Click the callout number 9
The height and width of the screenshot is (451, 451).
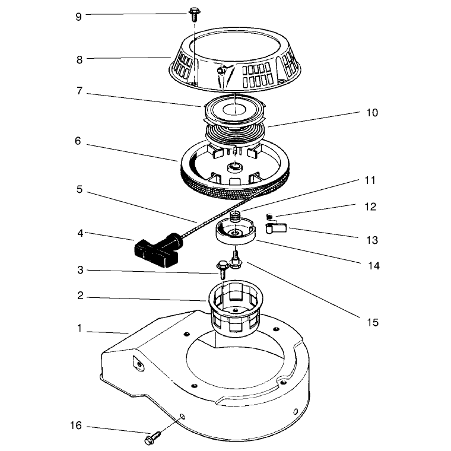(78, 17)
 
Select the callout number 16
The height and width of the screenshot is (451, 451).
(76, 425)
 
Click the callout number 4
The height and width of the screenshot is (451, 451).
(80, 233)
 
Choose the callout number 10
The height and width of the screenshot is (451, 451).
(372, 113)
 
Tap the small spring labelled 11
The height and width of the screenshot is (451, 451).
(236, 216)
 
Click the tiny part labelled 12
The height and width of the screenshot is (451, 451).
(269, 217)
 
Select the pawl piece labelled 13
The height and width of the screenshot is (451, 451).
(276, 228)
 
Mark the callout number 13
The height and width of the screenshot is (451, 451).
(373, 240)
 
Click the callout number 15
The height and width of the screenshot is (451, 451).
(373, 322)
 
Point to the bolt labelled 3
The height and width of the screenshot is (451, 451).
(223, 269)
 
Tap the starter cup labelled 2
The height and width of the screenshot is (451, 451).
(234, 305)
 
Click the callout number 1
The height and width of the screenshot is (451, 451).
(80, 328)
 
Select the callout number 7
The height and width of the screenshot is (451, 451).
(80, 91)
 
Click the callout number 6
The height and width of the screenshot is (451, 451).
(78, 141)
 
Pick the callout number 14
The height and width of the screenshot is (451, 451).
(374, 266)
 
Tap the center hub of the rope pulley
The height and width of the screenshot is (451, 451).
(235, 167)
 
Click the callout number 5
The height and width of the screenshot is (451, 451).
(80, 189)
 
